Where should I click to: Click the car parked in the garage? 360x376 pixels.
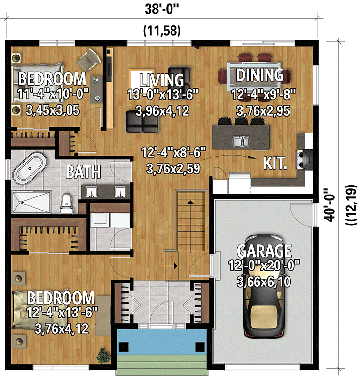(264, 287)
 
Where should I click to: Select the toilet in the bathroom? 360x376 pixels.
(66, 204)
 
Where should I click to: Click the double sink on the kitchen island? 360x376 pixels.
(241, 141)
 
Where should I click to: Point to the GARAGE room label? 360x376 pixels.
(264, 251)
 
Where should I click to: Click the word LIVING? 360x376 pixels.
(162, 80)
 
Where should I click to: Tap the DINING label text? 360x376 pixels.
(260, 75)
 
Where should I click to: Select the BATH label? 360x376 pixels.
(83, 172)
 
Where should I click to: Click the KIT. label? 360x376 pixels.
(275, 163)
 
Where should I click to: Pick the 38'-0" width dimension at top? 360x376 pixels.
(162, 9)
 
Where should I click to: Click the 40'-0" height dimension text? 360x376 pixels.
(329, 204)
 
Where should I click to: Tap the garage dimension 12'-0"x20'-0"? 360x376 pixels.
(264, 266)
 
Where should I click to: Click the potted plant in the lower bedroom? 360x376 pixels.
(103, 355)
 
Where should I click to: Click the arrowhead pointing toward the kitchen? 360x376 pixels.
(251, 157)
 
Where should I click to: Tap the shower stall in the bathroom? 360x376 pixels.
(31, 202)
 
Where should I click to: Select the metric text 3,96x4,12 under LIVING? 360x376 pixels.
(163, 111)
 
